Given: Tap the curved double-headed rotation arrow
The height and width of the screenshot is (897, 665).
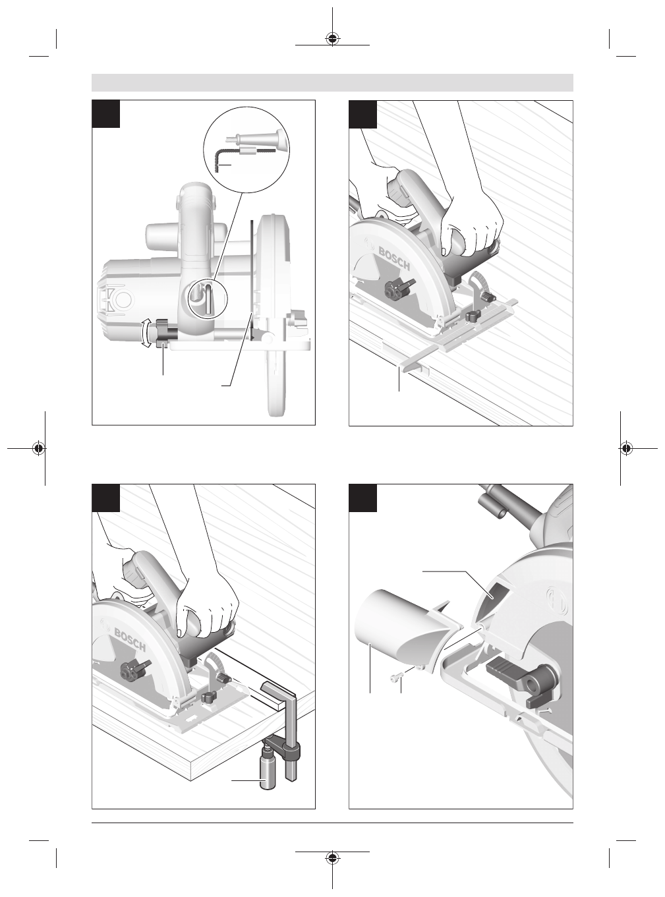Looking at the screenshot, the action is pos(146,333).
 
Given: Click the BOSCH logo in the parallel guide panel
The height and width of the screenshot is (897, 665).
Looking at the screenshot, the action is pos(393,258).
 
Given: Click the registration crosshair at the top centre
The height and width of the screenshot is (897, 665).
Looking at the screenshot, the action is pos(332,39).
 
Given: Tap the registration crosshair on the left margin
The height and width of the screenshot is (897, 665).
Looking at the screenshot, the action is pos(39,448).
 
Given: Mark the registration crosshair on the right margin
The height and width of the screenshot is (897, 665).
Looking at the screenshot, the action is pos(625,448).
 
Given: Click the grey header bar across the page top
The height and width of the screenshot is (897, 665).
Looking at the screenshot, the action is pos(332,82).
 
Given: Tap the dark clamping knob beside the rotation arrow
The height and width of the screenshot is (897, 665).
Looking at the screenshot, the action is pos(165,333).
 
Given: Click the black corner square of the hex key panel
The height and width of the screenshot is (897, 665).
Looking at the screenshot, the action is pos(106,113).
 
